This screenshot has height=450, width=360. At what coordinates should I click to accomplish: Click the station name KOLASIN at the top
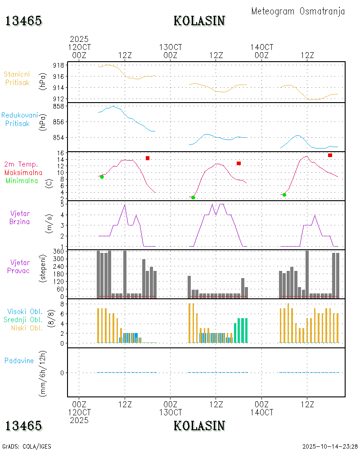[x=199, y=21]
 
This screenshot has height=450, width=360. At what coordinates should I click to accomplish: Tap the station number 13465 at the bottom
[x=24, y=426]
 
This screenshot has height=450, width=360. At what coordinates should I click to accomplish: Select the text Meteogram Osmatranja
[x=298, y=11]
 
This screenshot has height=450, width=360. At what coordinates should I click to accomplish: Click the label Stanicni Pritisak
[x=18, y=78]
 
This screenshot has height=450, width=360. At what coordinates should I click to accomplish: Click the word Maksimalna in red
[x=23, y=172]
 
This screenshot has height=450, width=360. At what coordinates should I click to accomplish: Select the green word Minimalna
[x=22, y=180]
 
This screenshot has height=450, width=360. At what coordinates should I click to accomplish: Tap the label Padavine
[x=19, y=360]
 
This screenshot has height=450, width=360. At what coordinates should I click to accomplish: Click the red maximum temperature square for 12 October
[x=148, y=158]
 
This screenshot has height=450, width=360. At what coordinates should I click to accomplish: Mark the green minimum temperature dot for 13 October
[x=193, y=198]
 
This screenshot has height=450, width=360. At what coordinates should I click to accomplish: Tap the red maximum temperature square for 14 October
[x=330, y=155]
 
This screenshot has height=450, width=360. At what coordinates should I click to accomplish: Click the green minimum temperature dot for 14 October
[x=284, y=195]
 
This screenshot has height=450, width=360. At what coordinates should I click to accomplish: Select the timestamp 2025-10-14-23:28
[x=330, y=446]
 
